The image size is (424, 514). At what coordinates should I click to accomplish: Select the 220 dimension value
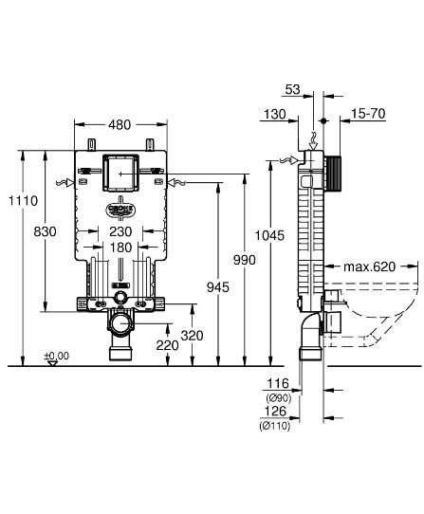(x=168, y=346)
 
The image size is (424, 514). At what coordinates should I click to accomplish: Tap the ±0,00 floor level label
(x=56, y=356)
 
